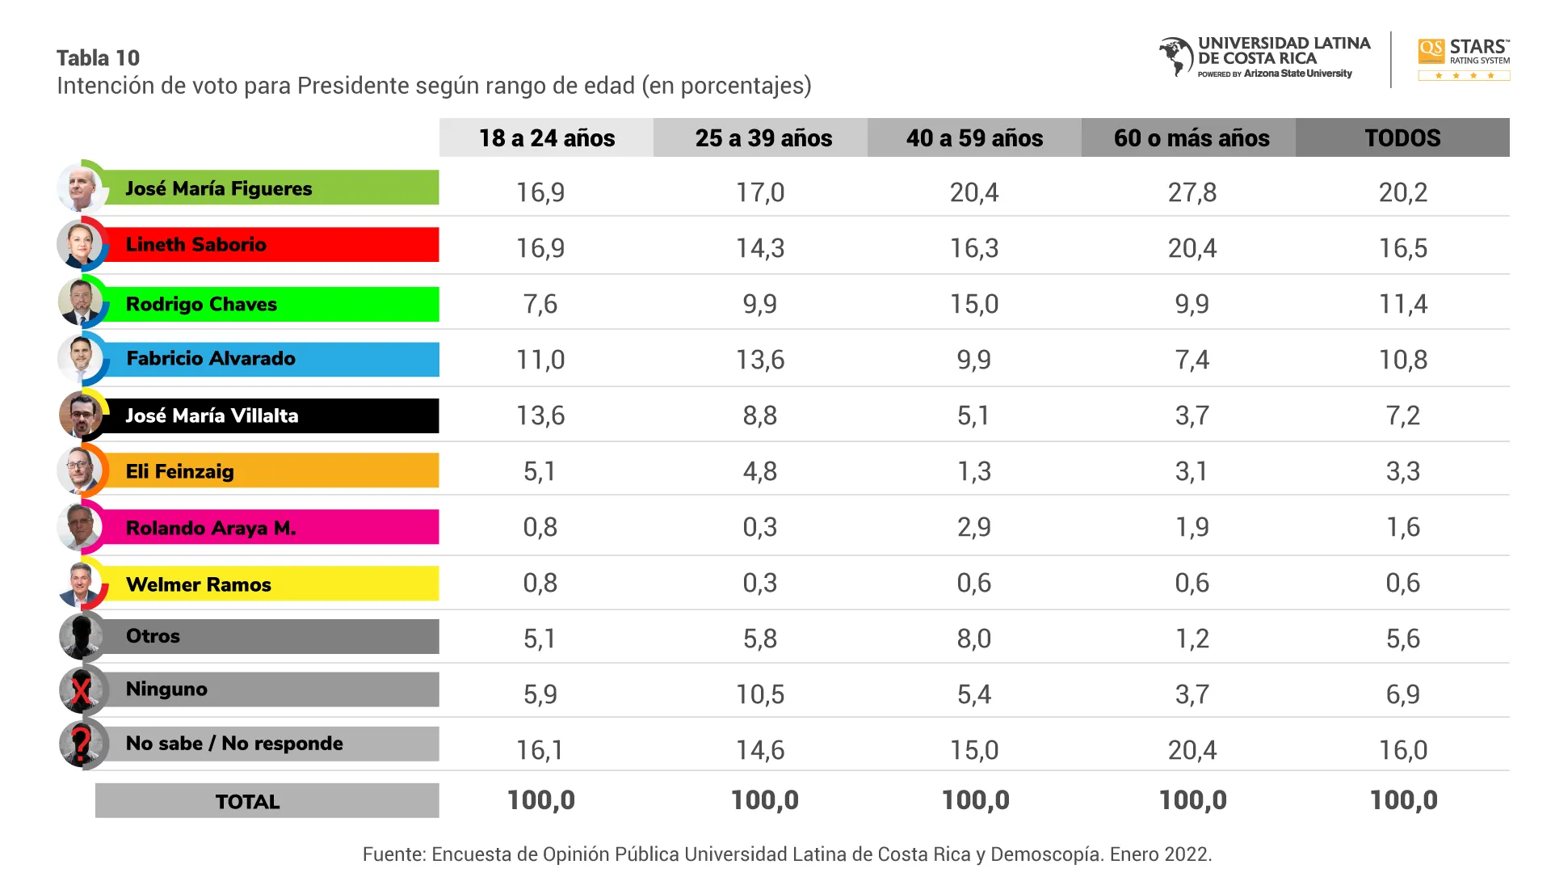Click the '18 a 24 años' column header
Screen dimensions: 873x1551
(546, 137)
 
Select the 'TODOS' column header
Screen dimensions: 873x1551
(1402, 137)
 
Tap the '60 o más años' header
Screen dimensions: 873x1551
(1191, 137)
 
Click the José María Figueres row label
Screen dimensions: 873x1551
(271, 188)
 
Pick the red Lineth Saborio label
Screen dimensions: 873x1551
(271, 244)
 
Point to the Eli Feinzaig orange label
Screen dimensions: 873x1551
(271, 471)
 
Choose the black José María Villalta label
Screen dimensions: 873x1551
(271, 415)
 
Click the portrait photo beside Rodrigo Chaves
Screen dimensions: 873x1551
(81, 302)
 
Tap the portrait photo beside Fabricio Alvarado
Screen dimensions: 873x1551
(81, 358)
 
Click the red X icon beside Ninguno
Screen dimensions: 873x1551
(81, 691)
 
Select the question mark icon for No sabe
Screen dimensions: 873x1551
(81, 744)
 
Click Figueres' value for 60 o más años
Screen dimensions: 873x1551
(1192, 192)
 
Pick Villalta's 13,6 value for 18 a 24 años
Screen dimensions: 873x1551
(540, 415)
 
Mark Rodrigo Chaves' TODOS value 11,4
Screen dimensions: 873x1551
(1403, 304)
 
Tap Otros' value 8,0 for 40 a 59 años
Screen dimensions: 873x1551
(973, 639)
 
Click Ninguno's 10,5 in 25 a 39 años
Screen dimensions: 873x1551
(760, 694)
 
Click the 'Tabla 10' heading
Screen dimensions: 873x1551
(98, 58)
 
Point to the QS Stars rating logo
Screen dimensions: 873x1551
(1464, 59)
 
